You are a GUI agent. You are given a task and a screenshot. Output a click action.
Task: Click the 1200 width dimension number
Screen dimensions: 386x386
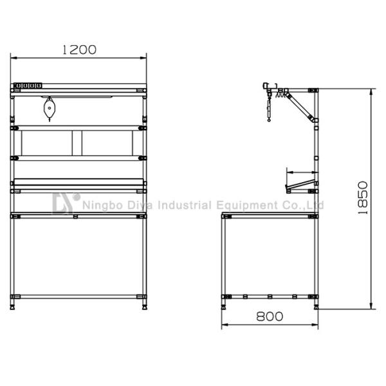pos(78,50)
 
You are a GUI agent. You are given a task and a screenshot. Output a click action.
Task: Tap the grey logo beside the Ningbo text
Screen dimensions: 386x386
pos(66,203)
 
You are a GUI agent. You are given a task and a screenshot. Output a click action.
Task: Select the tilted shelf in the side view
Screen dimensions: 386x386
pos(301,187)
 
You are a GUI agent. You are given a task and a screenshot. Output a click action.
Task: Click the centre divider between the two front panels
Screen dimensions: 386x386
pos(80,143)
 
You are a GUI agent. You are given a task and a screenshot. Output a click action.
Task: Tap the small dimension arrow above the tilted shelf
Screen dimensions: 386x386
pos(289,172)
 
